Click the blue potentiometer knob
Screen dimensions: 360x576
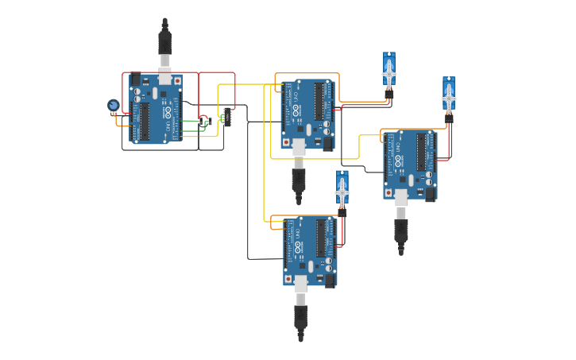click(x=113, y=105)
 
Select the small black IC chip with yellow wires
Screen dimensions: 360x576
click(x=227, y=117)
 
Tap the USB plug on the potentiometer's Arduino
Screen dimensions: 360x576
click(x=164, y=43)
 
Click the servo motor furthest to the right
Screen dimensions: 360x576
click(x=449, y=96)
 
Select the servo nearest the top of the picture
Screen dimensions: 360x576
click(x=389, y=72)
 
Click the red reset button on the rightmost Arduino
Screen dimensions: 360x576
click(x=389, y=192)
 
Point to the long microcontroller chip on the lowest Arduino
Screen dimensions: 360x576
click(x=321, y=238)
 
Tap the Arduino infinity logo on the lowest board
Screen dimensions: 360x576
click(x=298, y=247)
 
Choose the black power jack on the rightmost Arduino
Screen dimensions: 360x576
click(x=431, y=193)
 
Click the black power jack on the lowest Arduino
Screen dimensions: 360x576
click(x=329, y=280)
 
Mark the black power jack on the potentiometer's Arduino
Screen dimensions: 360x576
click(x=136, y=79)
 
